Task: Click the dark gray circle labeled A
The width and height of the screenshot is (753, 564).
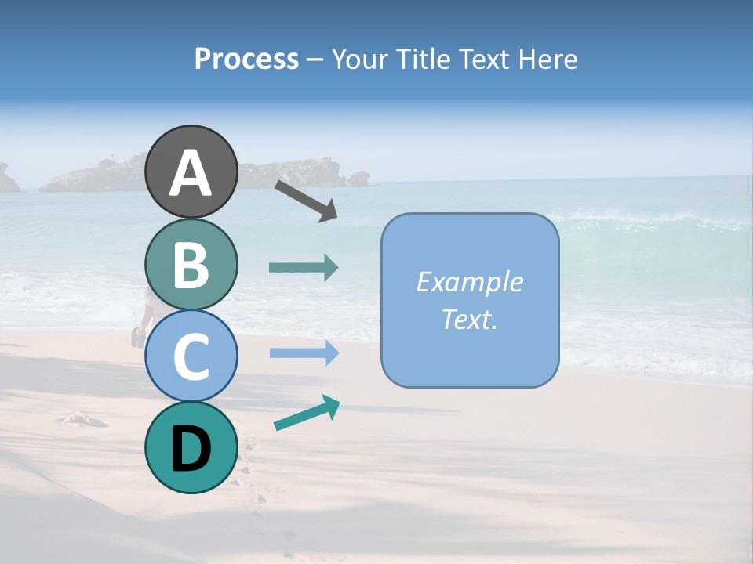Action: [191, 172]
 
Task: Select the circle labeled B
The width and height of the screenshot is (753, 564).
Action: [191, 264]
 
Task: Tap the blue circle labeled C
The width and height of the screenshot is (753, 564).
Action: [191, 356]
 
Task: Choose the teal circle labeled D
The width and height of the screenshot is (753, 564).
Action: [191, 447]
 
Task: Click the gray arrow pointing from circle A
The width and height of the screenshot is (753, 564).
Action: [306, 200]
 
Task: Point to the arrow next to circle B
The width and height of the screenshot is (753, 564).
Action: [304, 268]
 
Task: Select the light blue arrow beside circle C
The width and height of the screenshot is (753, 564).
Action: [304, 353]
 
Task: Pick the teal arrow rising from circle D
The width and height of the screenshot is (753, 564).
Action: [307, 414]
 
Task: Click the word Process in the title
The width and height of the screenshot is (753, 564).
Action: [246, 59]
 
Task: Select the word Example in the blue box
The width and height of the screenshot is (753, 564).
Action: [469, 282]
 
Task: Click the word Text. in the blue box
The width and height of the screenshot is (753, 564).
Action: [469, 319]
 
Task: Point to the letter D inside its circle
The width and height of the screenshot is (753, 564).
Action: [191, 448]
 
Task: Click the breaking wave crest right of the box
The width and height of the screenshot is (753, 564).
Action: [627, 220]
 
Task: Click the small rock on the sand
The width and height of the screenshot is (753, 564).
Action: [83, 418]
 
